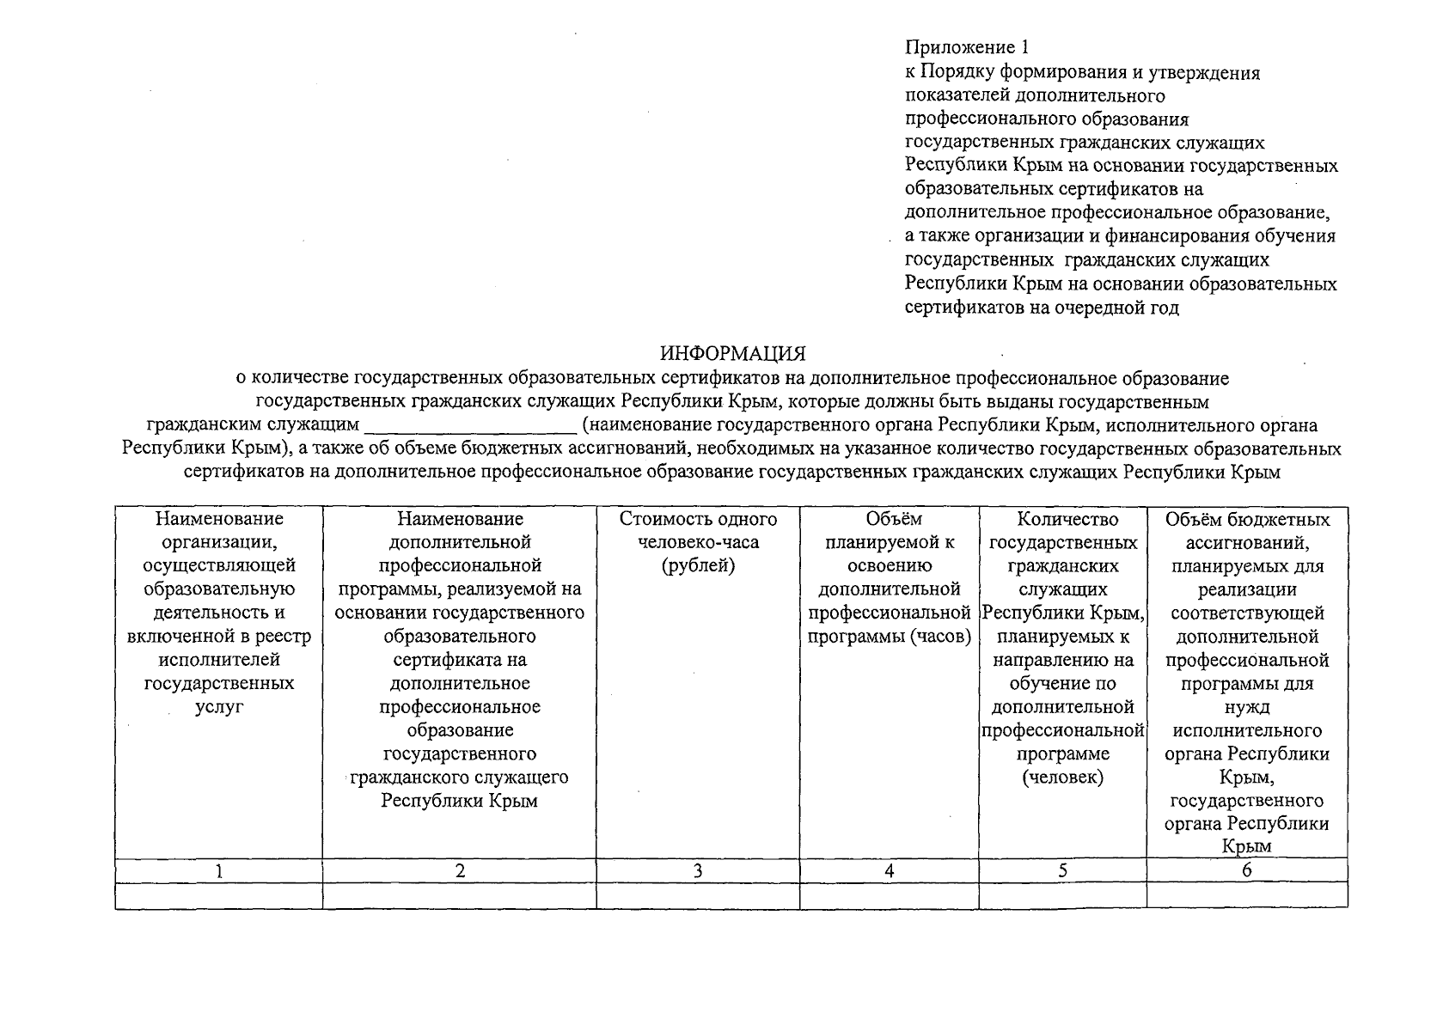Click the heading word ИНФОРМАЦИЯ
coord(732,354)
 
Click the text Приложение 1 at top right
coord(966,48)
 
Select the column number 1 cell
coord(219,870)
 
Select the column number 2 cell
coord(460,870)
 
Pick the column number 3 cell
coord(698,870)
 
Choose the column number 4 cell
coord(889,870)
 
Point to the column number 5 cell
coord(1062,870)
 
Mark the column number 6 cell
coord(1246,870)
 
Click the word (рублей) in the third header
coord(698,566)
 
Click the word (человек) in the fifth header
coord(1062,778)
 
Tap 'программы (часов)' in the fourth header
coord(889,637)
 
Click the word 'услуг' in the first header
coord(219,707)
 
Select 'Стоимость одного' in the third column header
coord(698,519)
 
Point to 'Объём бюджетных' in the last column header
coord(1246,519)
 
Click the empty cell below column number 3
coord(698,895)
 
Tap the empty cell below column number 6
coord(1246,895)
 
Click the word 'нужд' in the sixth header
coord(1246,707)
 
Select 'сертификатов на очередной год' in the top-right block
coord(1042,307)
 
